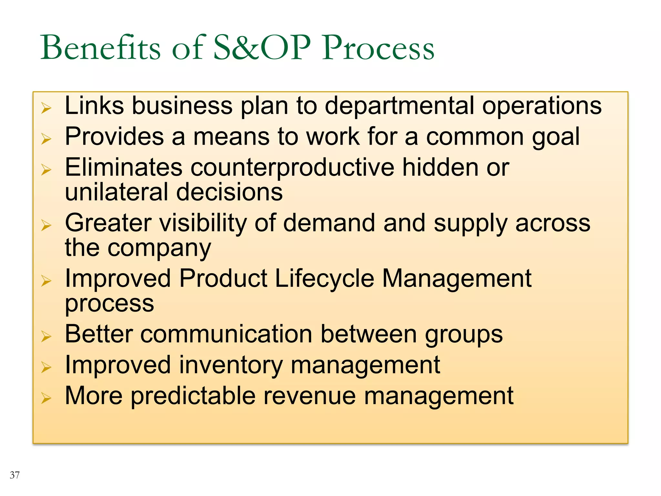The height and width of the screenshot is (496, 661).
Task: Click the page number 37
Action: tap(15, 475)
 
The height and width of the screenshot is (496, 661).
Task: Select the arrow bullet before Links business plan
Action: tap(46, 108)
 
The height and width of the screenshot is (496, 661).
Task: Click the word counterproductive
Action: tap(292, 168)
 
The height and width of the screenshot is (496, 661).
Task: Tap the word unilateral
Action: tap(117, 192)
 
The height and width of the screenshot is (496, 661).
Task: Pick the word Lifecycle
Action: tap(324, 279)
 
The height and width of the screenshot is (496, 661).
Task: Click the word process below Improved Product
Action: tap(109, 304)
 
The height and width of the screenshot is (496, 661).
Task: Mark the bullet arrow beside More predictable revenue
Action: tap(46, 398)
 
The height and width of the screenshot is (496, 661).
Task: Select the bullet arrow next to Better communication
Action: tap(46, 337)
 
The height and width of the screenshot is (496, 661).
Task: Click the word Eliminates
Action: tap(124, 168)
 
